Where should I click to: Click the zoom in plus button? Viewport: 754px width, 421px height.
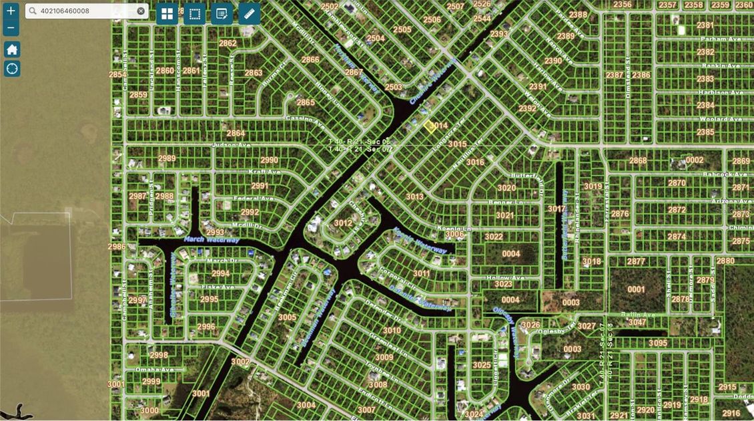(11, 11)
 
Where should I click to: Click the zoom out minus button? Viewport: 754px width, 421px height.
(11, 28)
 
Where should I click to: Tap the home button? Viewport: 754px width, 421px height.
(12, 49)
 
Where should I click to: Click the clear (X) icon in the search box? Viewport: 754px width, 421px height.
(141, 11)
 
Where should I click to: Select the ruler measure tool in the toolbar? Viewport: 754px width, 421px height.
(249, 13)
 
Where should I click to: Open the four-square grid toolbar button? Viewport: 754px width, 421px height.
(167, 13)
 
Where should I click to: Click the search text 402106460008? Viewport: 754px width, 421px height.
(65, 11)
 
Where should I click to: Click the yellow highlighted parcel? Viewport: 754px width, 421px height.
(430, 124)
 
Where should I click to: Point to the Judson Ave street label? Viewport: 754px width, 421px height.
(231, 144)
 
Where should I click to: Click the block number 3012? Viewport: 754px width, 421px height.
(343, 223)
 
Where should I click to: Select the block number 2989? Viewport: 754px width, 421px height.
(167, 158)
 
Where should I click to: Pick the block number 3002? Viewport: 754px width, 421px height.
(240, 362)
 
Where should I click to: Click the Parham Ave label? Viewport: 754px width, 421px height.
(709, 39)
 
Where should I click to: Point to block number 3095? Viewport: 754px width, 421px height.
(657, 343)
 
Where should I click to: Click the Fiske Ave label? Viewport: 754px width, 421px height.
(218, 287)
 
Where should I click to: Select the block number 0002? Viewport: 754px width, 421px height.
(695, 160)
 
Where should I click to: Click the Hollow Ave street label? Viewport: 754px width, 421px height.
(505, 277)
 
